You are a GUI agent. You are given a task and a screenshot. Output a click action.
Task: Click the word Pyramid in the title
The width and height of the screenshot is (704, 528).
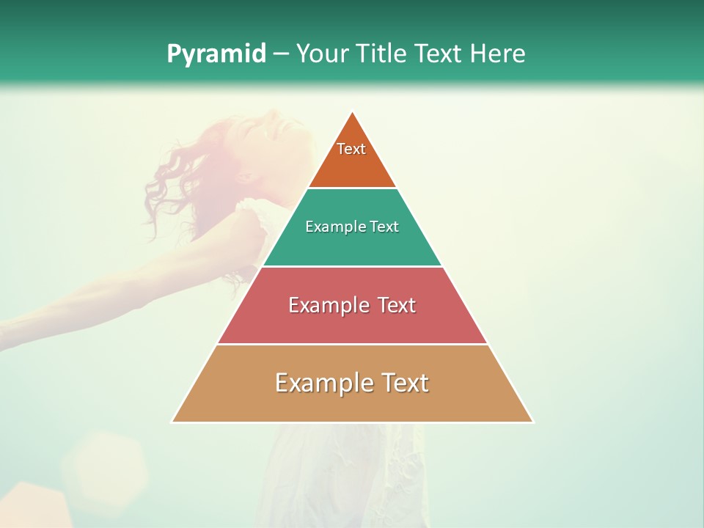point(216,54)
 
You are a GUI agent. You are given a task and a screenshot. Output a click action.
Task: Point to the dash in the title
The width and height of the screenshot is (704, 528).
point(281,54)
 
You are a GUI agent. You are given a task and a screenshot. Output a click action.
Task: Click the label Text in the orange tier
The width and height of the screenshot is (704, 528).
point(351,149)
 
